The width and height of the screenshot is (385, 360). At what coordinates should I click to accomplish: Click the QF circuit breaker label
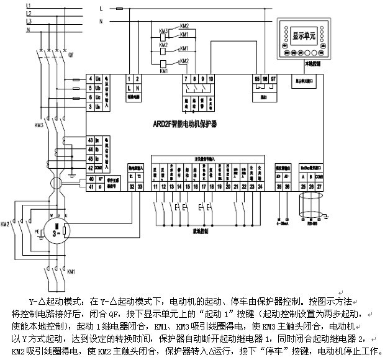(x=71, y=55)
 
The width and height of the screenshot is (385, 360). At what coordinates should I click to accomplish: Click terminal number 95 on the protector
(x=257, y=78)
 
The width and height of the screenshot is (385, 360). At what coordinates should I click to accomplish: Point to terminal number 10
(x=211, y=79)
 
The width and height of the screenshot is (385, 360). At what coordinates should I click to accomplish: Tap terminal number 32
(x=132, y=186)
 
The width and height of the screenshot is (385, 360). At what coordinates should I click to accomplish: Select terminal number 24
(x=260, y=186)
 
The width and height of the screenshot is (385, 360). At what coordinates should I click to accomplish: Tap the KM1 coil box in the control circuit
(x=163, y=63)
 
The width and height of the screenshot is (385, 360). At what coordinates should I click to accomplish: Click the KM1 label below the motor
(x=71, y=271)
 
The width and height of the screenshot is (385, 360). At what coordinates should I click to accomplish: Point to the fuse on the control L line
(x=120, y=9)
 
